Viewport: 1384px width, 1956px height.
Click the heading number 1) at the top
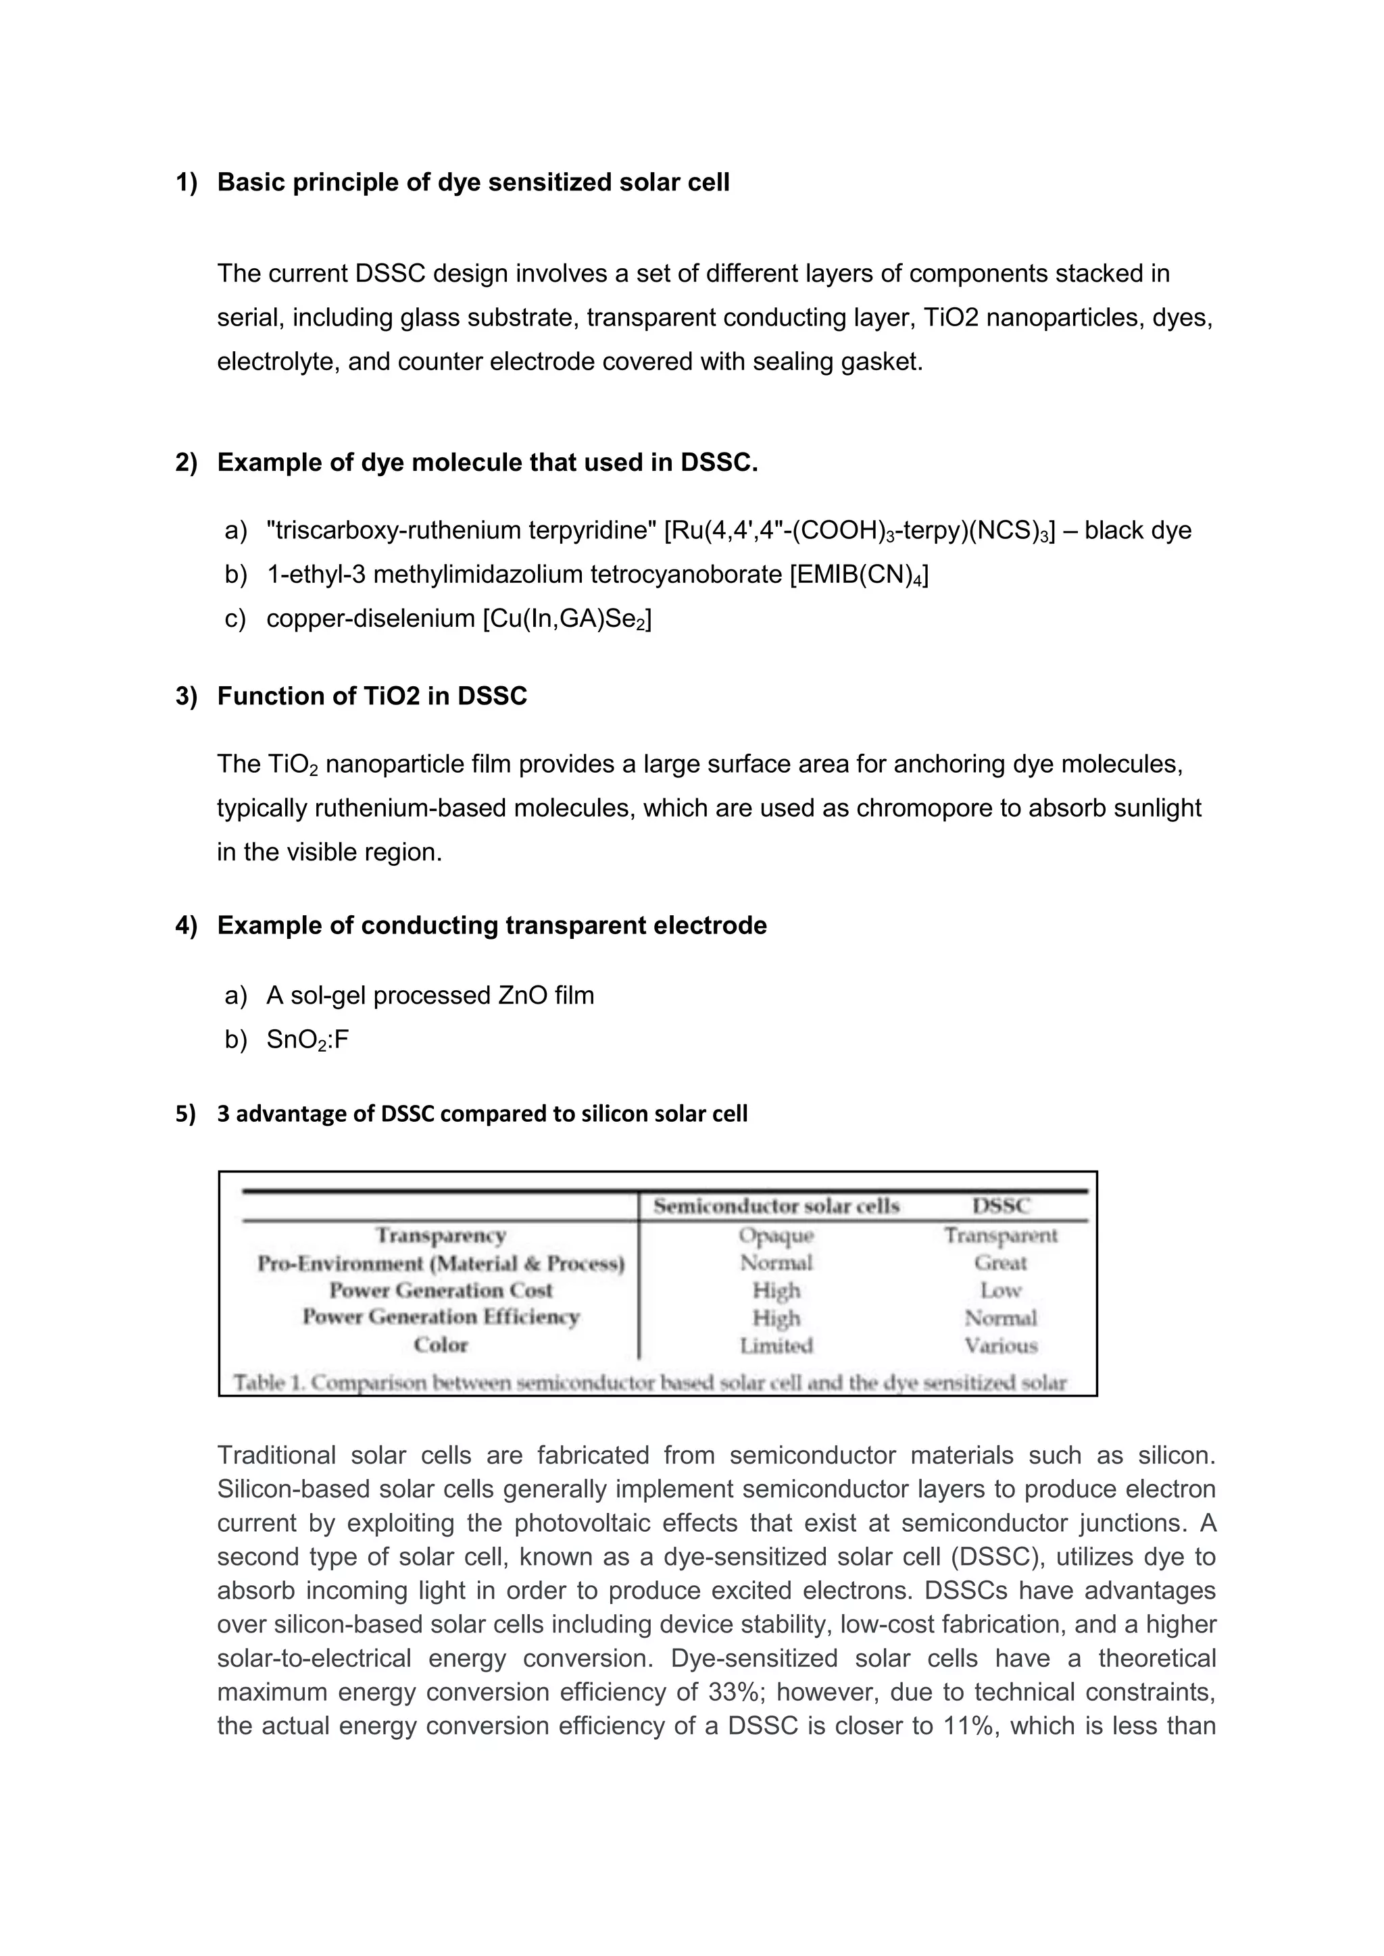[x=186, y=182]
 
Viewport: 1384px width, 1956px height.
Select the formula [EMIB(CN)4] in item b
[x=859, y=575]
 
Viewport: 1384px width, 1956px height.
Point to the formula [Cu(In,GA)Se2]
[x=567, y=619]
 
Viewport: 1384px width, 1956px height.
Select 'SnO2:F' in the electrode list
[x=307, y=1040]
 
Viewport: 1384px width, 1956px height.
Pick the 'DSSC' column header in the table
[x=1001, y=1206]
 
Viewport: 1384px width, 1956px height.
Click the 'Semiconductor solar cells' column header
[x=776, y=1206]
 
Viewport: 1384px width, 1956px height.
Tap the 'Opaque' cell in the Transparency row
[x=776, y=1235]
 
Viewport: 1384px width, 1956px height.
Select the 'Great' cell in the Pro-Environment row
[x=1001, y=1262]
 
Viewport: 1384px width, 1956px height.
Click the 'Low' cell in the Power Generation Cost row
[x=1001, y=1290]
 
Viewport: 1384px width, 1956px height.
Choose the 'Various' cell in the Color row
[x=1001, y=1345]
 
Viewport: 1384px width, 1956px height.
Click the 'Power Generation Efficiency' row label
[x=441, y=1317]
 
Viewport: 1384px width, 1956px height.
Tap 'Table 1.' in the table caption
[x=268, y=1382]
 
